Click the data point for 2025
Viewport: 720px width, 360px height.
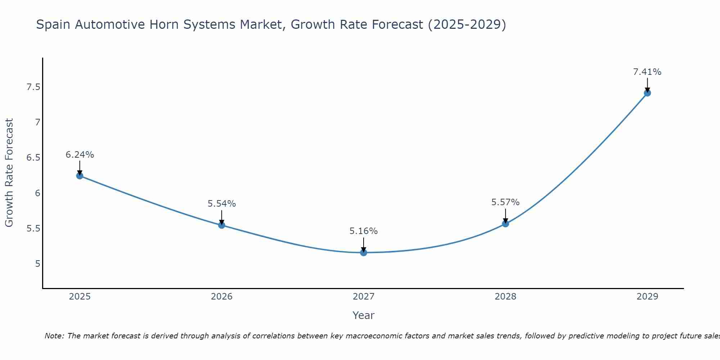click(x=80, y=176)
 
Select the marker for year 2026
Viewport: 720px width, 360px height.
click(x=222, y=225)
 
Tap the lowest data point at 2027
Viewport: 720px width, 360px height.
click(x=364, y=252)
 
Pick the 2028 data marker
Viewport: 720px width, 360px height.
click(x=505, y=224)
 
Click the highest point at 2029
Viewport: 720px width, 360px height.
click(x=647, y=93)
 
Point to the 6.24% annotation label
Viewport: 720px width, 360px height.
click(x=80, y=155)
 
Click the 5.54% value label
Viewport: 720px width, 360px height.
click(x=222, y=204)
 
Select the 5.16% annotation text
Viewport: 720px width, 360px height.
click(x=364, y=231)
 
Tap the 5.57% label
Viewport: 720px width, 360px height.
click(x=505, y=202)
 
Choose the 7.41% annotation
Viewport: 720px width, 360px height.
click(x=647, y=72)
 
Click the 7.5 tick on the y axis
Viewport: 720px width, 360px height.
click(x=33, y=87)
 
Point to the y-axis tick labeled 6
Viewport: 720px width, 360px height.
click(x=37, y=193)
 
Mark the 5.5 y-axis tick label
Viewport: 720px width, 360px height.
click(x=33, y=229)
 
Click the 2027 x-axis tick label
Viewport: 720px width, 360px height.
click(x=364, y=297)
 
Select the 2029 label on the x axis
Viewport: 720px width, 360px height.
click(x=647, y=297)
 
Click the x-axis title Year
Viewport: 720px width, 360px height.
click(x=364, y=315)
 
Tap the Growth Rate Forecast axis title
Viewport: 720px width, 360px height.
click(x=9, y=173)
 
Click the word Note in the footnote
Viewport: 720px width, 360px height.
click(x=54, y=336)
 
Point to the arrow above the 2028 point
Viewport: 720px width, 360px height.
click(x=505, y=215)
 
